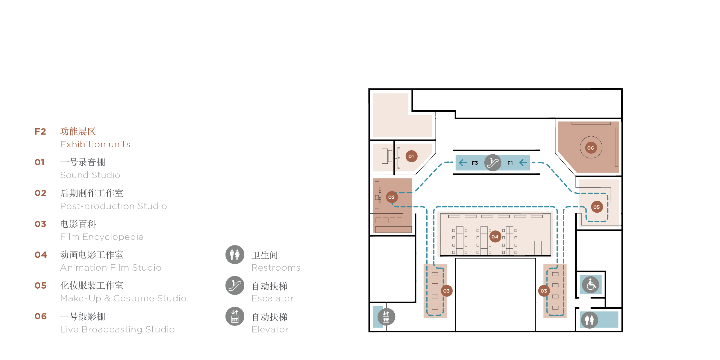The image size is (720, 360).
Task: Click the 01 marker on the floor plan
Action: click(x=411, y=156)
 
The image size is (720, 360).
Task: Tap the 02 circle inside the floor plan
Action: click(x=391, y=197)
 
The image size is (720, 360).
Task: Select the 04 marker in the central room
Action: click(x=495, y=237)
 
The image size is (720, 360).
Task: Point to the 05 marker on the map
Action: click(x=597, y=207)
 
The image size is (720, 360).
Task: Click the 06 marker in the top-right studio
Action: click(x=591, y=148)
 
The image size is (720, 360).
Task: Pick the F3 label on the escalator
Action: click(x=475, y=163)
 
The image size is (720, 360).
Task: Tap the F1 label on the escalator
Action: click(x=510, y=163)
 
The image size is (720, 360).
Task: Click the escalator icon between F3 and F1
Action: click(x=493, y=163)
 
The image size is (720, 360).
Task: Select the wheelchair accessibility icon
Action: click(x=591, y=285)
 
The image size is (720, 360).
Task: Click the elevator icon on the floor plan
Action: click(x=386, y=317)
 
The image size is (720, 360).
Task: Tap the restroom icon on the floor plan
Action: click(x=589, y=320)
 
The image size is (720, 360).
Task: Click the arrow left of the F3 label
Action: click(x=463, y=163)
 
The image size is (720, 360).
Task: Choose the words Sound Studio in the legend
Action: click(x=90, y=175)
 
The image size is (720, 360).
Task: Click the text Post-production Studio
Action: click(x=113, y=206)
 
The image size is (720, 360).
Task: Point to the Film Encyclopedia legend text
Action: click(x=102, y=237)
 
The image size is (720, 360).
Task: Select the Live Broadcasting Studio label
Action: click(x=117, y=329)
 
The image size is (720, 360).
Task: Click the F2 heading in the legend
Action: click(x=40, y=131)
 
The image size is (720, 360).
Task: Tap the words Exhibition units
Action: click(x=95, y=144)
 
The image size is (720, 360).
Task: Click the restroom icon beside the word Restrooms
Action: click(x=235, y=255)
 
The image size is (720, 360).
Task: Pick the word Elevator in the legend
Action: click(x=270, y=329)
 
